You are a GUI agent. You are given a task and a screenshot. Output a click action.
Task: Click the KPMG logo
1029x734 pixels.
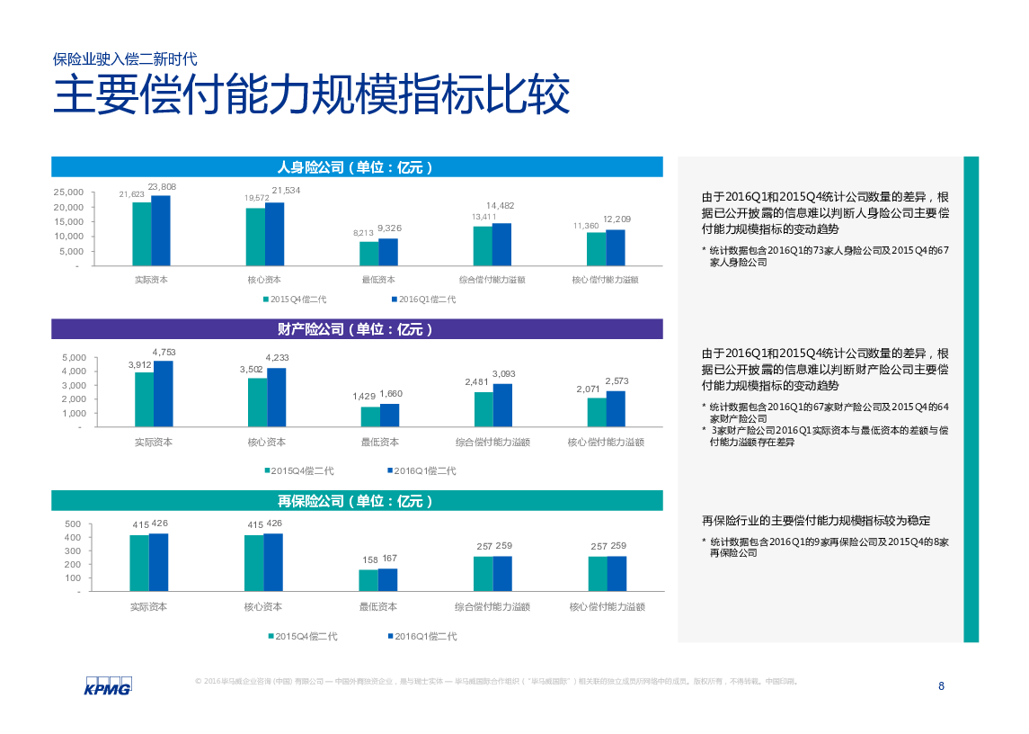click(108, 685)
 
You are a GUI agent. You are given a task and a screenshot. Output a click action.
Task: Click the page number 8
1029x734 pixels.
click(941, 686)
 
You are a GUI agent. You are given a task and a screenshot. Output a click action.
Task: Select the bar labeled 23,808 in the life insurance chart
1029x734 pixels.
click(161, 230)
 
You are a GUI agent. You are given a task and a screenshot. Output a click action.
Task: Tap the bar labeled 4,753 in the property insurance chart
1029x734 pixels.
click(163, 393)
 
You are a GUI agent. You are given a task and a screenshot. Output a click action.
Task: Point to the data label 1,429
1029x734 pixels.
click(364, 397)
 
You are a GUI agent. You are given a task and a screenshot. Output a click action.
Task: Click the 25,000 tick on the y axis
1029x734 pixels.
click(68, 192)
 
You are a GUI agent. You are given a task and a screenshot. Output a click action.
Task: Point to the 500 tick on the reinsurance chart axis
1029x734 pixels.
click(73, 524)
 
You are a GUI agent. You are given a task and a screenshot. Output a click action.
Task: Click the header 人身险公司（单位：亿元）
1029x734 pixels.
click(357, 167)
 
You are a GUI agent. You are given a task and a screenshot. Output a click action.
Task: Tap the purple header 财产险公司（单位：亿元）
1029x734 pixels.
click(357, 329)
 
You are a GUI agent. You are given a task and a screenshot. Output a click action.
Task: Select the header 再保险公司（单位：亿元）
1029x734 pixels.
click(357, 501)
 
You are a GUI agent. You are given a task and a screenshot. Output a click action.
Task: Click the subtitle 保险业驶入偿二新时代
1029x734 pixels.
click(125, 59)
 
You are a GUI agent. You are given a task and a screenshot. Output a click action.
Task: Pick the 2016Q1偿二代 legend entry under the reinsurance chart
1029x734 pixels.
click(421, 636)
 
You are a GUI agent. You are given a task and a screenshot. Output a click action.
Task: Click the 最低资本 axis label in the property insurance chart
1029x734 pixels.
click(380, 442)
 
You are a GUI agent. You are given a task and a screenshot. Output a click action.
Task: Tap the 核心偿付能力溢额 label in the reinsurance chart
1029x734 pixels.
click(607, 607)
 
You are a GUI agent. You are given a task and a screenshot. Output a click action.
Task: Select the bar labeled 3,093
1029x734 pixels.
click(502, 405)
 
